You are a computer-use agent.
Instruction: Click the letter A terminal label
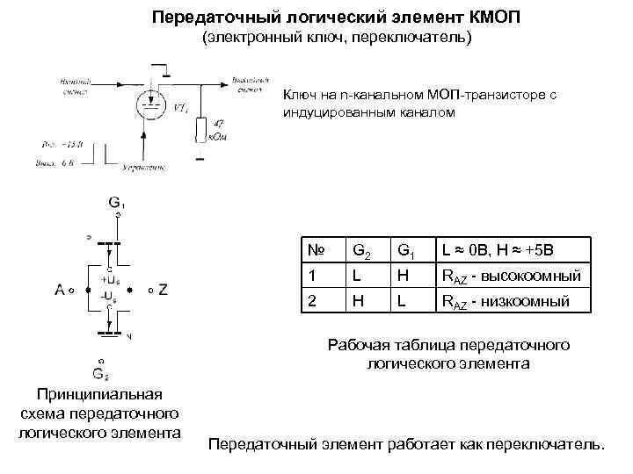tap(60, 289)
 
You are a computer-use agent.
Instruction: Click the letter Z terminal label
tap(164, 289)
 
